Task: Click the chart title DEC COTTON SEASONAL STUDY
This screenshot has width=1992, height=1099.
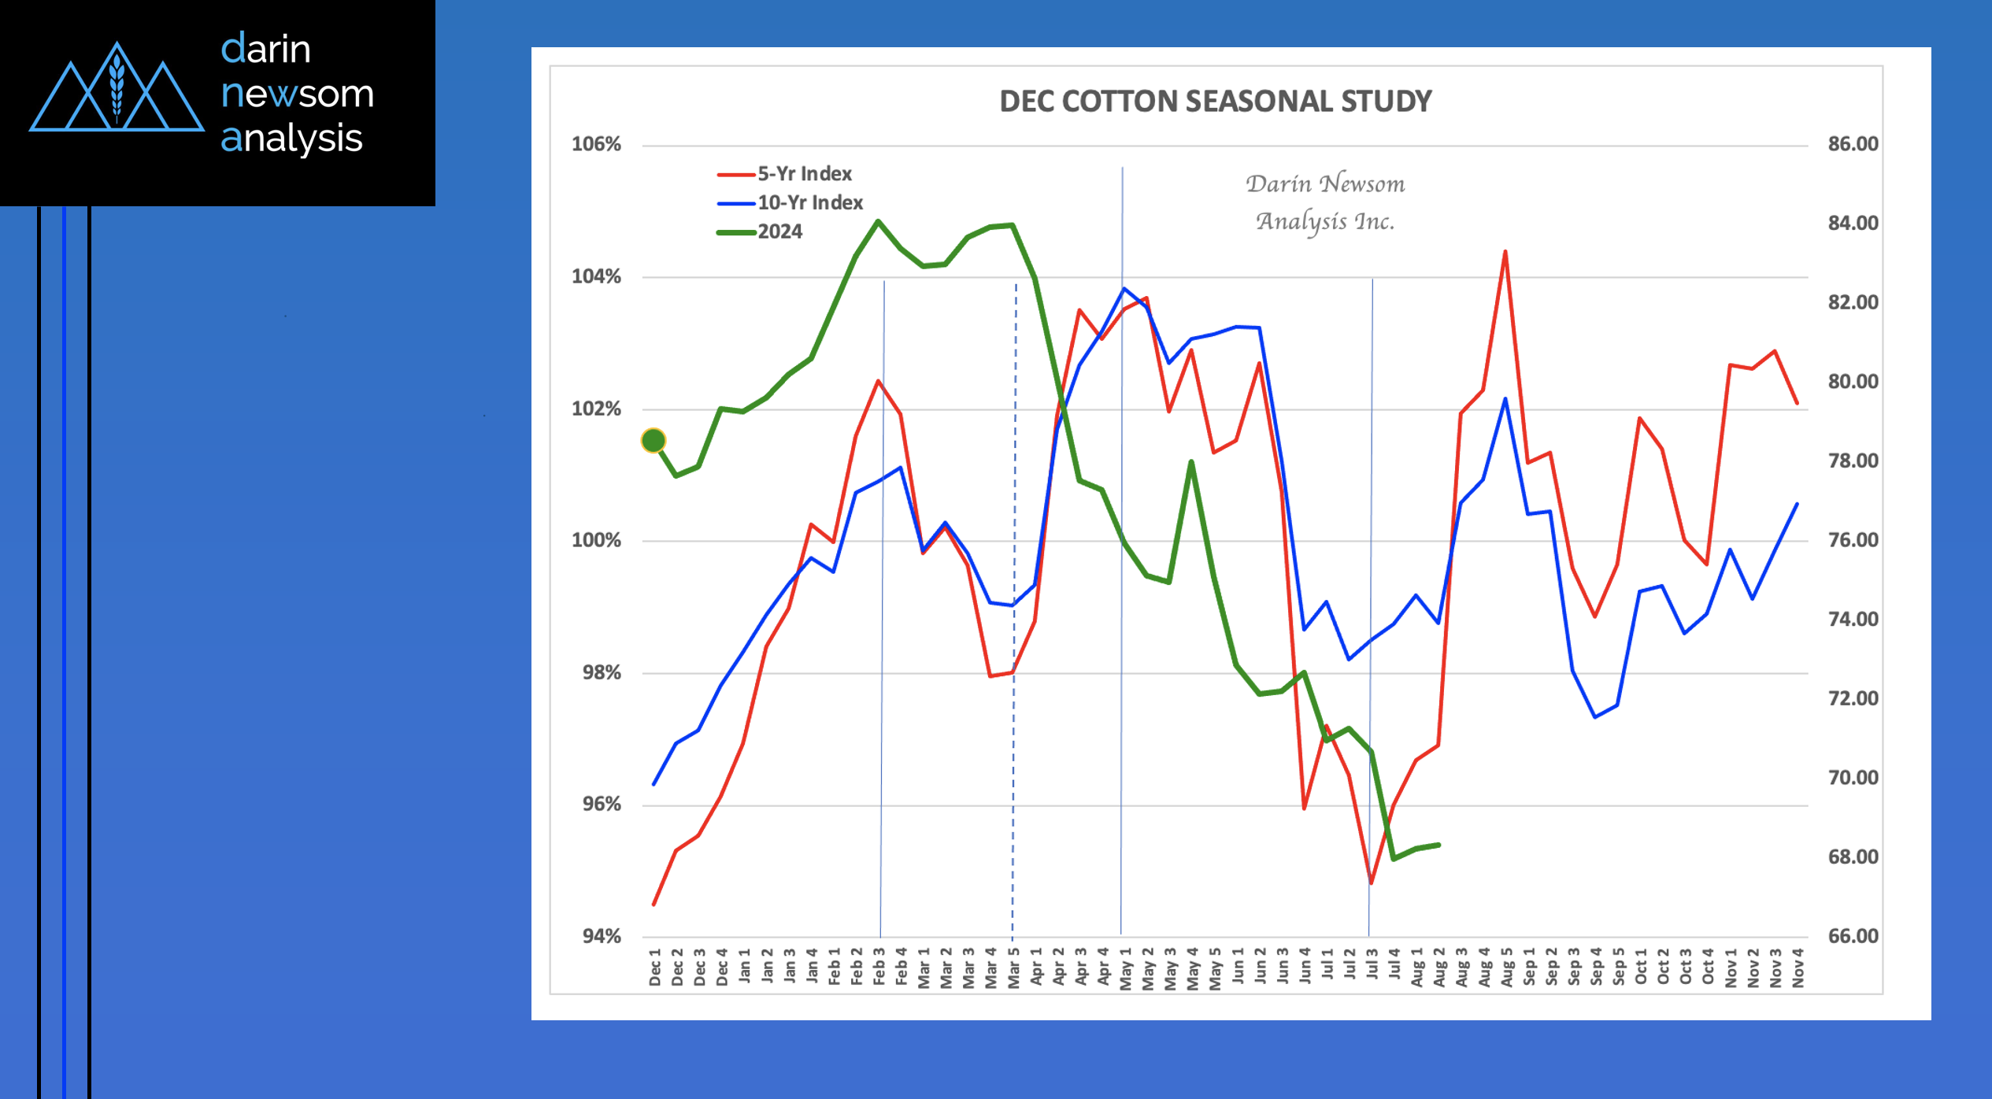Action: (x=1215, y=102)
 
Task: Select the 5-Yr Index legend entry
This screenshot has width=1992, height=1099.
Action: (x=803, y=174)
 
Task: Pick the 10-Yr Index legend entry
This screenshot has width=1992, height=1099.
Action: (x=809, y=203)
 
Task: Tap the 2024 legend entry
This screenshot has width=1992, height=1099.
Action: (x=779, y=232)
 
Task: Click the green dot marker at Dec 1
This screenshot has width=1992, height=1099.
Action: (x=654, y=441)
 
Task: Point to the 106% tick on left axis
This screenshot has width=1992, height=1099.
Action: (x=596, y=144)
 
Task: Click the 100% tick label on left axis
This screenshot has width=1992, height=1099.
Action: (x=596, y=541)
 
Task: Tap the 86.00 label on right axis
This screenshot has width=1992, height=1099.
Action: (x=1853, y=144)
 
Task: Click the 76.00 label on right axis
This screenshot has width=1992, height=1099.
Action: (x=1853, y=540)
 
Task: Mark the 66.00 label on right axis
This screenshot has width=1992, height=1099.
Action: (x=1853, y=936)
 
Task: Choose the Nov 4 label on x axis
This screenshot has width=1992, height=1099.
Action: (x=1798, y=968)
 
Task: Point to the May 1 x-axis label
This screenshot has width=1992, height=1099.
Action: (x=1125, y=968)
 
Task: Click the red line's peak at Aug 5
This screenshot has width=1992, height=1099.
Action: (x=1505, y=252)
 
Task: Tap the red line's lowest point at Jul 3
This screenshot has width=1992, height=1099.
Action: (x=1371, y=883)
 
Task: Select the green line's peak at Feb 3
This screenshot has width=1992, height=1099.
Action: (x=878, y=221)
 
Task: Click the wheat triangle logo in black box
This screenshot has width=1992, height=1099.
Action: (x=117, y=88)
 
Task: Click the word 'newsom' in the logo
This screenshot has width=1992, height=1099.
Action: (x=297, y=94)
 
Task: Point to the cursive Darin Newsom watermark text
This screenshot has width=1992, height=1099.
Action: (x=1325, y=202)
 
